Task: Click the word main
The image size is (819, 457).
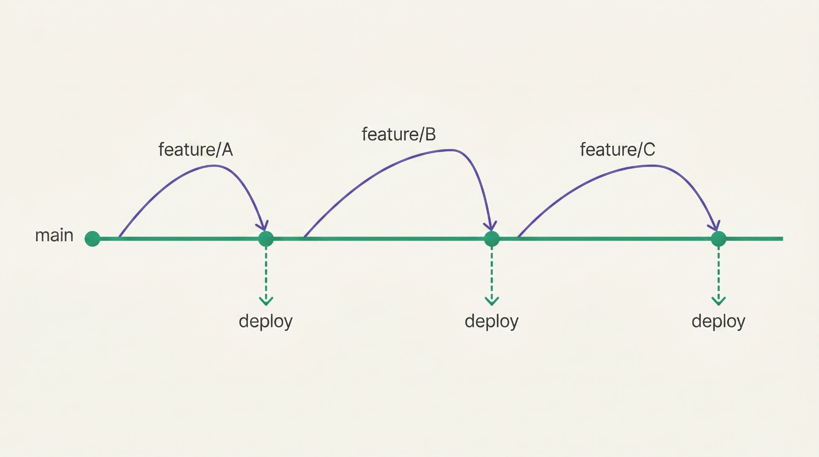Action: point(54,235)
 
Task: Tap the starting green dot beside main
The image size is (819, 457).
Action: point(92,239)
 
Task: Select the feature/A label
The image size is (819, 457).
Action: point(195,150)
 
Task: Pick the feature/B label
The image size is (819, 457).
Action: point(399,134)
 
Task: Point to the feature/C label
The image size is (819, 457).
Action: point(617,150)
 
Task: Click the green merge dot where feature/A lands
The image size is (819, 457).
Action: point(266,239)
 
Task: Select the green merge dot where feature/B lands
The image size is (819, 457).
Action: point(492,239)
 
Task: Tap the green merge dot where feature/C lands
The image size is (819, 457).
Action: point(719,239)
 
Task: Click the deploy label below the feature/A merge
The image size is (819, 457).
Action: point(266,321)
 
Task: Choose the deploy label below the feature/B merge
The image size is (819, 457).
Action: point(492,321)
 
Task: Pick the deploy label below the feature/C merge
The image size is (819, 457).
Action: point(719,321)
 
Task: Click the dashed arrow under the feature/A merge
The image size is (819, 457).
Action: point(266,276)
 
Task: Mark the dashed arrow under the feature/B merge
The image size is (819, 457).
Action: point(492,276)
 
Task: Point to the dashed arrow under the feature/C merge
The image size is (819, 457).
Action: point(719,276)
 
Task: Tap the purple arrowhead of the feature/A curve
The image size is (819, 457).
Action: point(264,225)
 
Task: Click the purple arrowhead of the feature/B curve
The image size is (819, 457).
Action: point(491,226)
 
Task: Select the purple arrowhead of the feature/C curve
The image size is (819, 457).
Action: point(715,226)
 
